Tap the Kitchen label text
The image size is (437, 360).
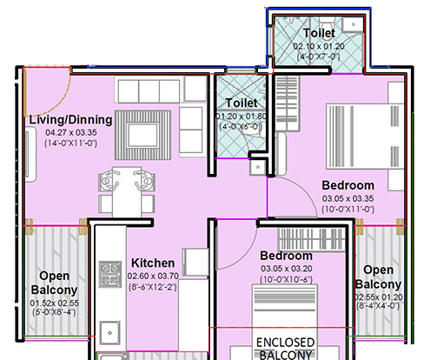tap(153, 263)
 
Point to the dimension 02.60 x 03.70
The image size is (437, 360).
tap(153, 276)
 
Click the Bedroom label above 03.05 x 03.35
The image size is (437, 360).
tap(348, 185)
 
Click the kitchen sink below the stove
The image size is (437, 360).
tap(109, 331)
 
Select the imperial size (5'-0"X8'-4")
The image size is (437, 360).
tap(54, 310)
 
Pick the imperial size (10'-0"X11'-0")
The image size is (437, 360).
tap(348, 209)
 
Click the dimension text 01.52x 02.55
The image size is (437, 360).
tap(54, 302)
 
